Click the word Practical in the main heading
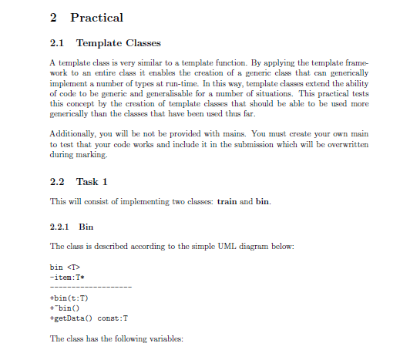pyautogui.click(x=96, y=17)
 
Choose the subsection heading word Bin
pyautogui.click(x=86, y=228)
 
